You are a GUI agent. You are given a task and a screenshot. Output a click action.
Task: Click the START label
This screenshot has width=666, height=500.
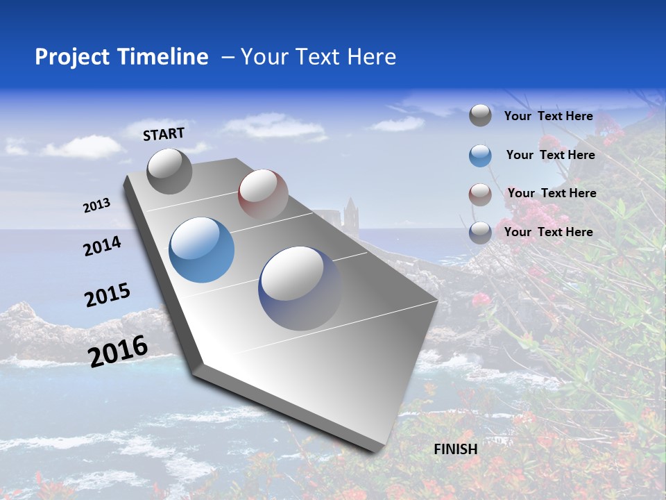164,134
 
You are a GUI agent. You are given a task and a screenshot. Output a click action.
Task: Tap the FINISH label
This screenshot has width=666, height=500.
456,449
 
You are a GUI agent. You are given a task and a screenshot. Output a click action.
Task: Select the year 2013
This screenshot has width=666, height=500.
97,206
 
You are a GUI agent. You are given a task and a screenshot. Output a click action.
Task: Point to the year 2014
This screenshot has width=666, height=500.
102,246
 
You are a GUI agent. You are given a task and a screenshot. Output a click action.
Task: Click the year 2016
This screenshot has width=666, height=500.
118,351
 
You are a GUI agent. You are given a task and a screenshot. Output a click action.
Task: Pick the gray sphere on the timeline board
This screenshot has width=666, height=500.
169,172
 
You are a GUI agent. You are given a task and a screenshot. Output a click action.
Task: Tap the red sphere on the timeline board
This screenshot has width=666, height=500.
263,194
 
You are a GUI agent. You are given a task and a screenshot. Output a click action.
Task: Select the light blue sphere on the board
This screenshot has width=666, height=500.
202,250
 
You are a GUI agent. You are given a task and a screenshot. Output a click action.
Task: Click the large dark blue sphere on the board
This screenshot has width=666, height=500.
301,287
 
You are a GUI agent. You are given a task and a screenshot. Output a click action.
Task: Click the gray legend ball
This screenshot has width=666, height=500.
480,115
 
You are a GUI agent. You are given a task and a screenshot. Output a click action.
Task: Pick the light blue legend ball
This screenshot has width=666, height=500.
480,156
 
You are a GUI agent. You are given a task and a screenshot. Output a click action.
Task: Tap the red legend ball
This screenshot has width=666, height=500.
480,194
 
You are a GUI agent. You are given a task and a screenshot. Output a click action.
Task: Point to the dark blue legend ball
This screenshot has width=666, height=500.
480,233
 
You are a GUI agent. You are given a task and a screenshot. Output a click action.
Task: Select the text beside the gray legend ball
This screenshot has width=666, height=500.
548,116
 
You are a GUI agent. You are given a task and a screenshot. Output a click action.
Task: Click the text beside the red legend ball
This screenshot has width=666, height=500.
552,193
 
